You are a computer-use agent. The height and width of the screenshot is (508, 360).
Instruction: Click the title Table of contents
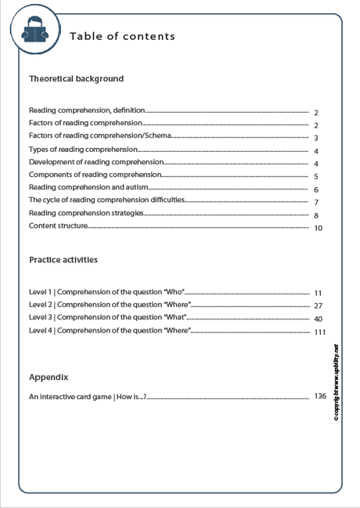pyautogui.click(x=122, y=36)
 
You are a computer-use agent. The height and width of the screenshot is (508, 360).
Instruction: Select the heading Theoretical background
pyautogui.click(x=76, y=79)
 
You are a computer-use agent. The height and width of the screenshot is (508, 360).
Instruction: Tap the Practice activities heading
pyautogui.click(x=63, y=259)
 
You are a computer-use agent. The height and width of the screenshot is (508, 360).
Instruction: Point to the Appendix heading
pyautogui.click(x=49, y=376)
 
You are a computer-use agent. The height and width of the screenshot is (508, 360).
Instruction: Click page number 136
pyautogui.click(x=319, y=396)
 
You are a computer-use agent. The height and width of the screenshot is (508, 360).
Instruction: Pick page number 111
pyautogui.click(x=319, y=333)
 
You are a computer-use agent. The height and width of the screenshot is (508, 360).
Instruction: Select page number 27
pyautogui.click(x=319, y=306)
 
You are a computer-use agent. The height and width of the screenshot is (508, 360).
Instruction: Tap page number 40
pyautogui.click(x=319, y=319)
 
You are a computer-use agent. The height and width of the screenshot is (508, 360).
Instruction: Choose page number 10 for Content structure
pyautogui.click(x=319, y=229)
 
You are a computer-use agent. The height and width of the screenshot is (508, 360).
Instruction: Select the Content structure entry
pyautogui.click(x=57, y=226)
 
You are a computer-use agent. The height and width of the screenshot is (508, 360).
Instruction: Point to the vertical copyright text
pyautogui.click(x=336, y=384)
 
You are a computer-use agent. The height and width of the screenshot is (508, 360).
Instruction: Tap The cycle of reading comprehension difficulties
pyautogui.click(x=106, y=200)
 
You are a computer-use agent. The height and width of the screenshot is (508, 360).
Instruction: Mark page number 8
pyautogui.click(x=315, y=215)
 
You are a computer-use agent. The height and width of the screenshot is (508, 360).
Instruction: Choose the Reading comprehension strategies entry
pyautogui.click(x=86, y=213)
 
